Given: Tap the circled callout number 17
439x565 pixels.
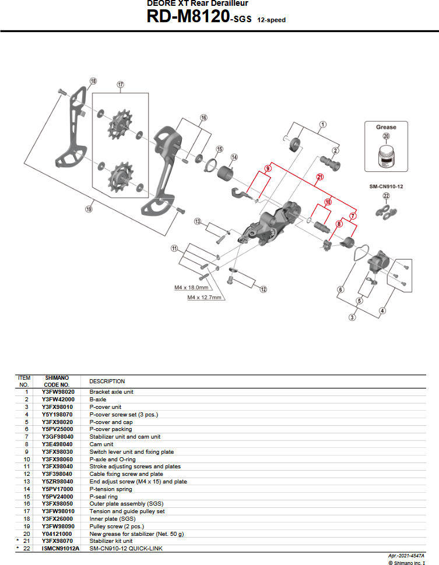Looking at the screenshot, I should [121, 84].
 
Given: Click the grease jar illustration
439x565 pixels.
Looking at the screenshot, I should [385, 156].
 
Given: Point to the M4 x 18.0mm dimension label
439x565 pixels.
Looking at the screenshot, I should [191, 287].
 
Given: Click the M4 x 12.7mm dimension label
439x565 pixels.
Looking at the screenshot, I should [205, 297].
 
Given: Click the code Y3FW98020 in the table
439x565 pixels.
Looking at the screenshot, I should [58, 392].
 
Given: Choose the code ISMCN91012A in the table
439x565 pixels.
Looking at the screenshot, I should [58, 548].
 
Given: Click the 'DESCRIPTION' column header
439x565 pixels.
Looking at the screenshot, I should [107, 382].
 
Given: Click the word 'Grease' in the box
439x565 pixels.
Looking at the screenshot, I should [385, 127].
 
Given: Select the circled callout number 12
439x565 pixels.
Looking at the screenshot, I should [264, 289].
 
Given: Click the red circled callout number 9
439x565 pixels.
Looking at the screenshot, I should [268, 169].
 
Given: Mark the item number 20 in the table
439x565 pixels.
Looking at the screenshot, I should [26, 533].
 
